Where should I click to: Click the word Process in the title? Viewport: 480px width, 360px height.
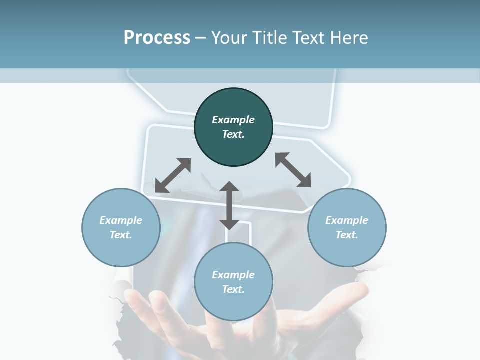pos(157,38)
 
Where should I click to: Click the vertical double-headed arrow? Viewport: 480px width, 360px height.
pos(229,206)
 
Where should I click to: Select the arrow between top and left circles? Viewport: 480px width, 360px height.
pos(173,175)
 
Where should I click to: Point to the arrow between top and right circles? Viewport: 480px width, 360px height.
pos(293,170)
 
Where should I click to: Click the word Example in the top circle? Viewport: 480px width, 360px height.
pos(233,120)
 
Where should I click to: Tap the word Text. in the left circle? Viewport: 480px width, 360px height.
pos(121,235)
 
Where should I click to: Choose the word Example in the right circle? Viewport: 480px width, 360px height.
pos(347,220)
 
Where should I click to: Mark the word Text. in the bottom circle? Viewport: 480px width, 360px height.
pos(233,289)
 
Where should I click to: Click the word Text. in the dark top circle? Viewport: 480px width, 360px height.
pos(233,134)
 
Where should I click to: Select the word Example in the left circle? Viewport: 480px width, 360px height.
pos(121,220)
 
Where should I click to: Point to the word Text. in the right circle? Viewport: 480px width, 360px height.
pos(347,235)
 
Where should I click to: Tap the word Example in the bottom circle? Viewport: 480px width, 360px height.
pos(233,275)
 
